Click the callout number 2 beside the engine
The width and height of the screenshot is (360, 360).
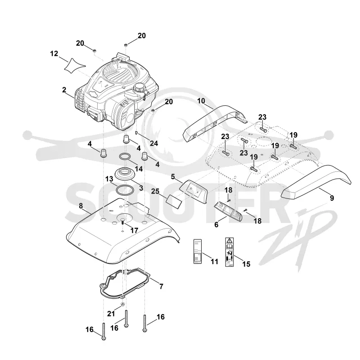pos(64,90)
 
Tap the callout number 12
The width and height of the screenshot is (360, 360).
pos(54,54)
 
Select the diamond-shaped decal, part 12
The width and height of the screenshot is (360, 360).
pos(74,66)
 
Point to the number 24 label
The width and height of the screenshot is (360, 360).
pos(154,143)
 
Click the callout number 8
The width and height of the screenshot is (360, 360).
pos(81,206)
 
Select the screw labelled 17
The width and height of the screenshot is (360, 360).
pos(122,221)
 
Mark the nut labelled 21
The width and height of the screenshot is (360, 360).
pos(122,305)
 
